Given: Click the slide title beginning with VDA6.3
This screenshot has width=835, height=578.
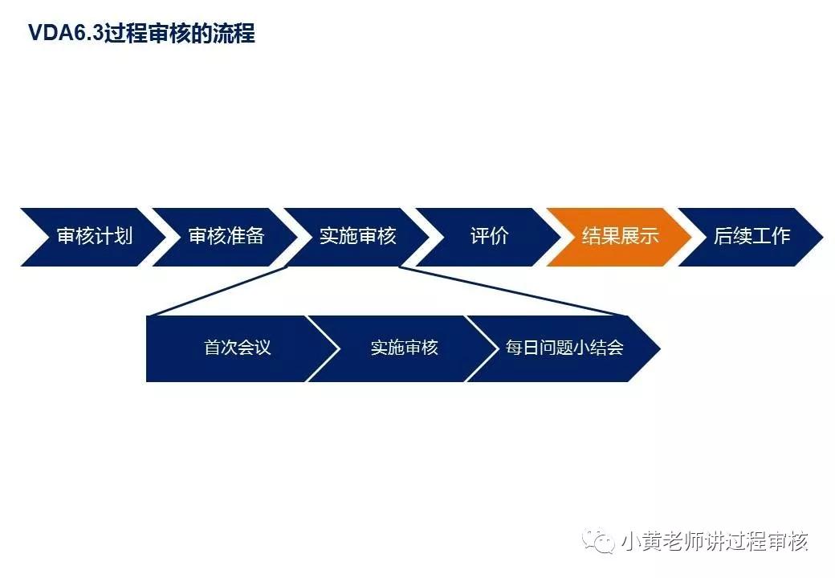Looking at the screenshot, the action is pyautogui.click(x=141, y=34).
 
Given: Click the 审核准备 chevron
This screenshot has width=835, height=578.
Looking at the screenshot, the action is pyautogui.click(x=226, y=236).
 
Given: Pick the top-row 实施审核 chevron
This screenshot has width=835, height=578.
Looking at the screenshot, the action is pyautogui.click(x=357, y=236).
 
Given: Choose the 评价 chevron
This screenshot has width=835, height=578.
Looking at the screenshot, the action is pyautogui.click(x=489, y=236).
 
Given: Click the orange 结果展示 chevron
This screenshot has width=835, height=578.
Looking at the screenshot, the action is pyautogui.click(x=620, y=236).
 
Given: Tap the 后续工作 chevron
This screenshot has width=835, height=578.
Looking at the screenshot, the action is pyautogui.click(x=751, y=236).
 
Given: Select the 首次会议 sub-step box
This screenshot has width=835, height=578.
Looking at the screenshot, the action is pyautogui.click(x=238, y=348).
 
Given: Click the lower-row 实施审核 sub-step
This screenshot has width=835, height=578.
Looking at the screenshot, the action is pyautogui.click(x=404, y=348).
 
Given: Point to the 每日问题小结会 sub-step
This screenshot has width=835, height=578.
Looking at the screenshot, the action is pyautogui.click(x=564, y=348).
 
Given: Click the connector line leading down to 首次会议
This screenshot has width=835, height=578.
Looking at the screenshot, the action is pyautogui.click(x=217, y=291).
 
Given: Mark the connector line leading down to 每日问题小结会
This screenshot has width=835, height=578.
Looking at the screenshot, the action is pyautogui.click(x=514, y=291).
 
